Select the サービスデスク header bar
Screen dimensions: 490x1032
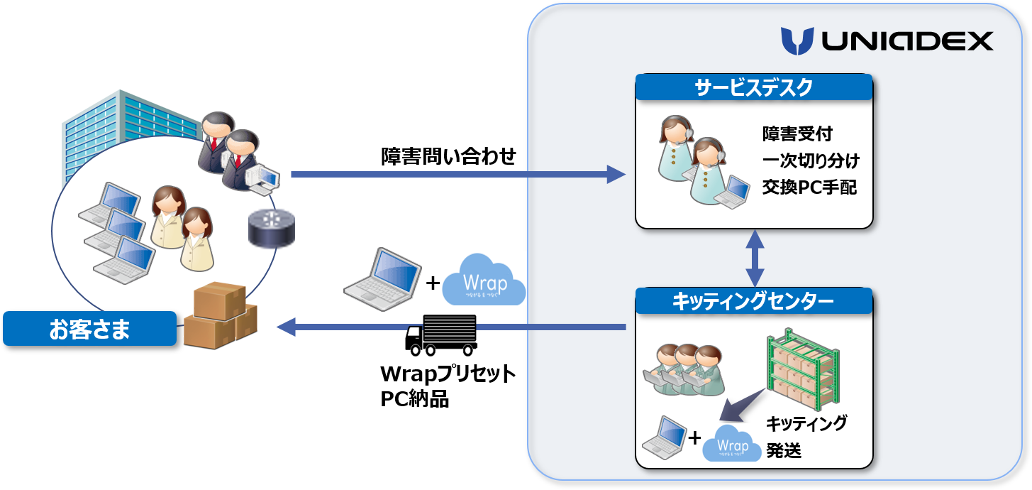(753, 88)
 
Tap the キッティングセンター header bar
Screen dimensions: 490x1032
(753, 301)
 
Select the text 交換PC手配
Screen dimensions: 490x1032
(809, 187)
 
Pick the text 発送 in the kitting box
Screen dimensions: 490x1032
(784, 450)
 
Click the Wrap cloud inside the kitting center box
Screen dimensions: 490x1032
(733, 443)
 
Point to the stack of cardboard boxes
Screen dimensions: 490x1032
(220, 316)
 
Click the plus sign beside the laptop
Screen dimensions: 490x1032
(694, 437)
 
